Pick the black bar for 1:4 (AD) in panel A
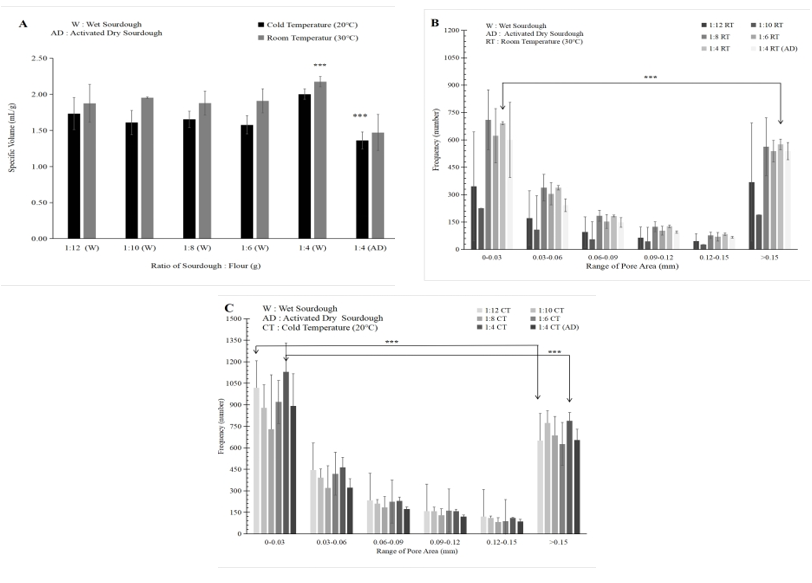click(x=362, y=190)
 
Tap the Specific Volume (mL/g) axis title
click(x=14, y=146)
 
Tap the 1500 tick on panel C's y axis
click(x=237, y=319)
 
